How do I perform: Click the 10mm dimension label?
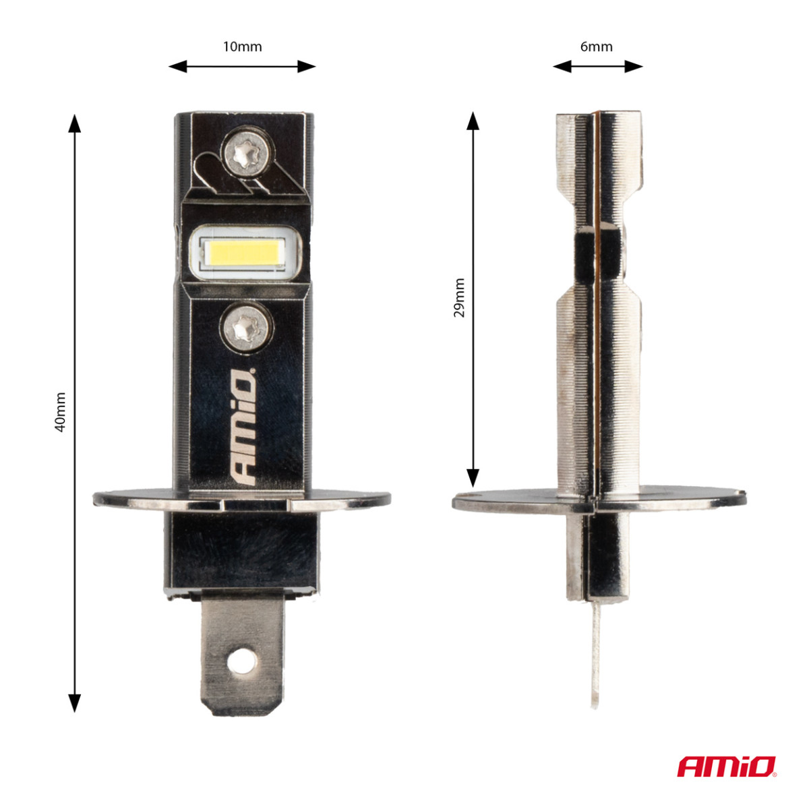(x=242, y=47)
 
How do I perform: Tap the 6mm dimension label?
(x=597, y=47)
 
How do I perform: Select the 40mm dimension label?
(x=60, y=411)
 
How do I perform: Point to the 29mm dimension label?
(x=459, y=297)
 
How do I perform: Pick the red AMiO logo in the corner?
(x=727, y=767)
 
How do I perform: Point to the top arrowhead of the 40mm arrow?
(x=75, y=122)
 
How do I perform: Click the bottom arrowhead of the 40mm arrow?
(x=75, y=704)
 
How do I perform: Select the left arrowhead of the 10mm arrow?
(x=176, y=66)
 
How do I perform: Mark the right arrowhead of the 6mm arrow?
(x=634, y=66)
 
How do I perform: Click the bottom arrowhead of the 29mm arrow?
(x=473, y=479)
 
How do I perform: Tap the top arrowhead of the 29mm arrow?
(x=473, y=121)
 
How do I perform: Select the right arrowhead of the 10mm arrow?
(x=308, y=66)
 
